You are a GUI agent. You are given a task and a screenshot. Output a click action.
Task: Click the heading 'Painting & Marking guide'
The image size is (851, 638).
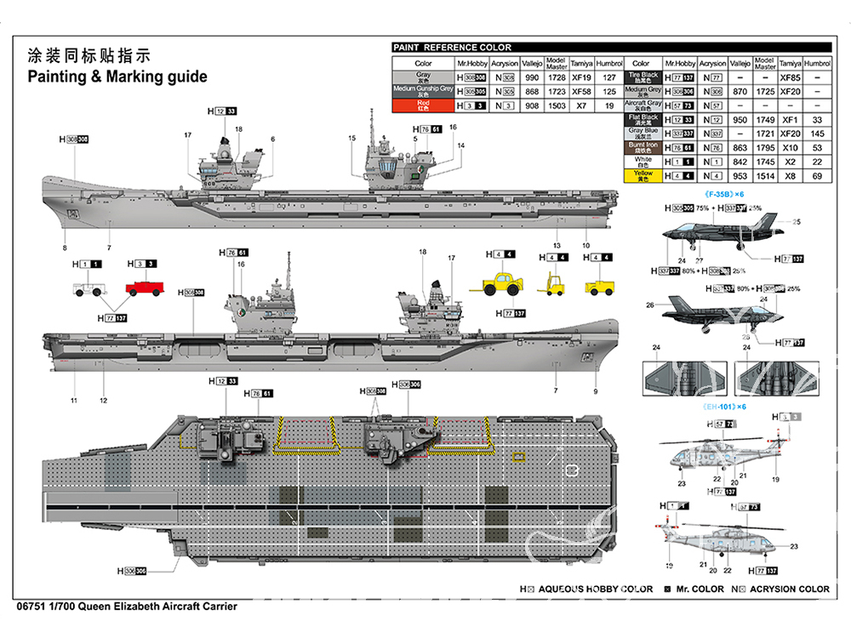click(x=117, y=77)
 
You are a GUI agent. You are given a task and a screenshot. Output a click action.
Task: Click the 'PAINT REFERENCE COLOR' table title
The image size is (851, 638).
click(x=452, y=48)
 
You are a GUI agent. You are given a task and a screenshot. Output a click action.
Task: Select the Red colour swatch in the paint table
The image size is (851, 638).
click(x=423, y=105)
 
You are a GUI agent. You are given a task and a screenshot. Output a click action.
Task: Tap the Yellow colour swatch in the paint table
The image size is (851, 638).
click(x=643, y=175)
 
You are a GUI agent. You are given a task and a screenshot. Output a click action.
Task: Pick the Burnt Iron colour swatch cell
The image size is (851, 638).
click(x=643, y=147)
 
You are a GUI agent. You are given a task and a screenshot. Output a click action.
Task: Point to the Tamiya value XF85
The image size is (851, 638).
click(x=791, y=77)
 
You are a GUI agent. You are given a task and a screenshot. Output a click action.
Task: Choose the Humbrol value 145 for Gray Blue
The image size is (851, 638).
click(x=817, y=134)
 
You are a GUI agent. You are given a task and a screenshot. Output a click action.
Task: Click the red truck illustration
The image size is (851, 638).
click(x=145, y=288)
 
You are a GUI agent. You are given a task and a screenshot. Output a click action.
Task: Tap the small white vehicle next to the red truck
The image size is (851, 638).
click(x=87, y=288)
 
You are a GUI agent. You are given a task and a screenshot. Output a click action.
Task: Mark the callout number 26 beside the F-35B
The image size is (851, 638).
click(x=649, y=305)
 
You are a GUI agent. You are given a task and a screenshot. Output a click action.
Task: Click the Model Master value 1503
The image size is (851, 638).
click(x=557, y=105)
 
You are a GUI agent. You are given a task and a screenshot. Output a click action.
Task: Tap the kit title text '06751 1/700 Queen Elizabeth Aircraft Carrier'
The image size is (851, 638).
click(x=126, y=607)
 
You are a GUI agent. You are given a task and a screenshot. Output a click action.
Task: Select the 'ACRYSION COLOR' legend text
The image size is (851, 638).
click(x=790, y=589)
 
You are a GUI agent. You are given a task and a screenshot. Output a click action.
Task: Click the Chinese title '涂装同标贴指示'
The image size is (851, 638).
click(x=89, y=56)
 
